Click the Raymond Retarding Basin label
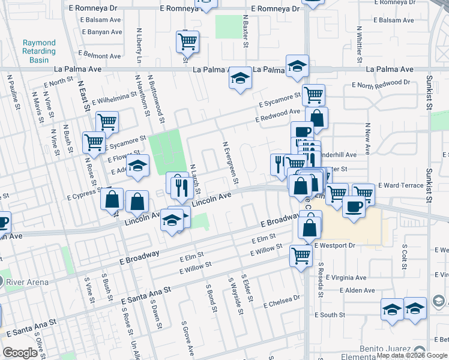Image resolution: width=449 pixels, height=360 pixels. [x=39, y=52]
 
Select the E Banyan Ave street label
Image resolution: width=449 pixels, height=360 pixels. [x=101, y=32]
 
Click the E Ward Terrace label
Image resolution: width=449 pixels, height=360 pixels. [x=400, y=186]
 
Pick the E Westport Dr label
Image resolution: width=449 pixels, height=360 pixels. [x=334, y=245]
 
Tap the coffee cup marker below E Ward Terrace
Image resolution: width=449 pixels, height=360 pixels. [x=354, y=207]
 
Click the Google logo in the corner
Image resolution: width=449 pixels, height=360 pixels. [x=21, y=353]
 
